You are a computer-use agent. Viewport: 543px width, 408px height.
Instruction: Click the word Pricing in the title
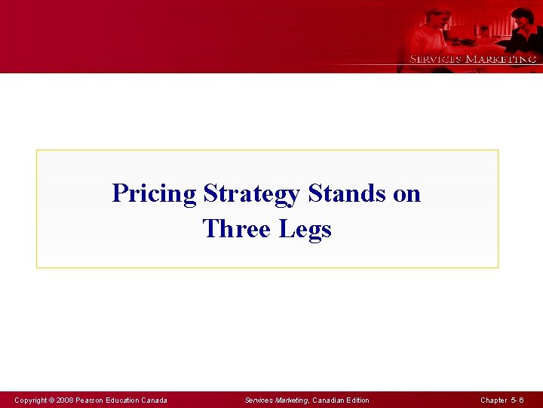click(154, 194)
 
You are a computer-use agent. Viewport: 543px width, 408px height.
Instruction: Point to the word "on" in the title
click(407, 194)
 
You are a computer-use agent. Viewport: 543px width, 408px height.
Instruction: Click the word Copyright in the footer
click(32, 400)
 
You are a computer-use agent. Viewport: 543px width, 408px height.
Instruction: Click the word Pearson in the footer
click(93, 400)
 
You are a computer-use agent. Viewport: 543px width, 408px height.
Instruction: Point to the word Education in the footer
click(126, 400)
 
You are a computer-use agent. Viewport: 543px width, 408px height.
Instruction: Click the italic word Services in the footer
click(259, 400)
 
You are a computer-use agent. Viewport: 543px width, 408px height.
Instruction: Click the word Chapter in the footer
click(493, 400)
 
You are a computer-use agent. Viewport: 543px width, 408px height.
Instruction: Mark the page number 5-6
click(517, 400)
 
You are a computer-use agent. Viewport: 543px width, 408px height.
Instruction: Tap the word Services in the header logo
click(435, 59)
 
